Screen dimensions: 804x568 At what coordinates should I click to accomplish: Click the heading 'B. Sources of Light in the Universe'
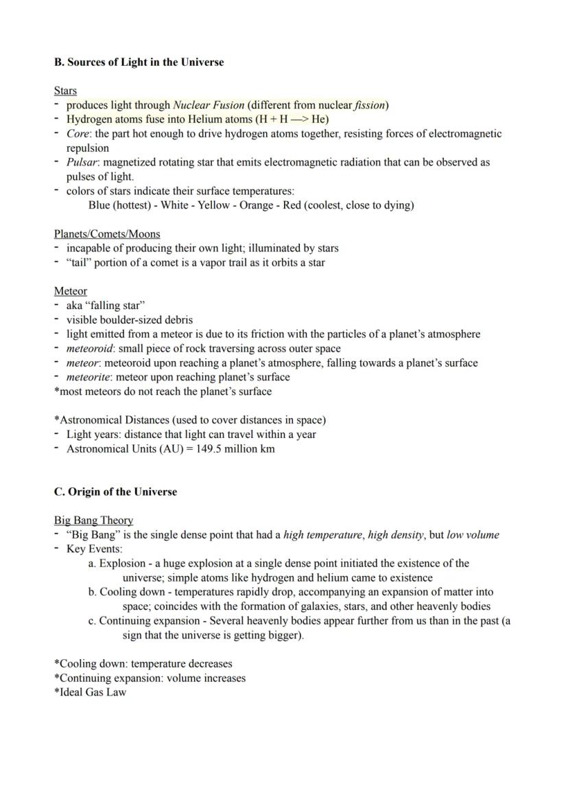[x=139, y=62]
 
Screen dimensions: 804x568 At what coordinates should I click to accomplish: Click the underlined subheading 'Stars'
[x=65, y=91]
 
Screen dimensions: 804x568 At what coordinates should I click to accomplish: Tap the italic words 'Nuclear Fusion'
[x=209, y=105]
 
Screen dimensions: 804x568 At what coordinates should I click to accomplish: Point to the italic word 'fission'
[x=370, y=105]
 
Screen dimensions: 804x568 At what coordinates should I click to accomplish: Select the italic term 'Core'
[x=78, y=134]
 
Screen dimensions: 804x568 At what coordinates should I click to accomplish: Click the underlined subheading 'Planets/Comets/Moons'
[x=107, y=234]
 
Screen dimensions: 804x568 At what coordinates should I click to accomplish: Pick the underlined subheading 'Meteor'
[x=71, y=291]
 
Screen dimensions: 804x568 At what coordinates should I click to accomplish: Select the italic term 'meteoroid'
[x=89, y=348]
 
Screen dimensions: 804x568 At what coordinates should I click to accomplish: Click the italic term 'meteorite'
[x=88, y=377]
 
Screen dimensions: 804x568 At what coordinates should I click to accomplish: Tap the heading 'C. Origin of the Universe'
[x=115, y=492]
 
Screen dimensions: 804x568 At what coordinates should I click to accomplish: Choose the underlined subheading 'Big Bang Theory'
[x=93, y=520]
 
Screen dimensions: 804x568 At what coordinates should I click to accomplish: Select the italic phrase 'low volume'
[x=473, y=535]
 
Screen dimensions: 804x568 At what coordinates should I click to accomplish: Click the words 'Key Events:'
[x=95, y=549]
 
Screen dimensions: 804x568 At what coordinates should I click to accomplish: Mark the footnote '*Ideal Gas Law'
[x=90, y=692]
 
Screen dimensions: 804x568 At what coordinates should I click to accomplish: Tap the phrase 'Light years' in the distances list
[x=93, y=435]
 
